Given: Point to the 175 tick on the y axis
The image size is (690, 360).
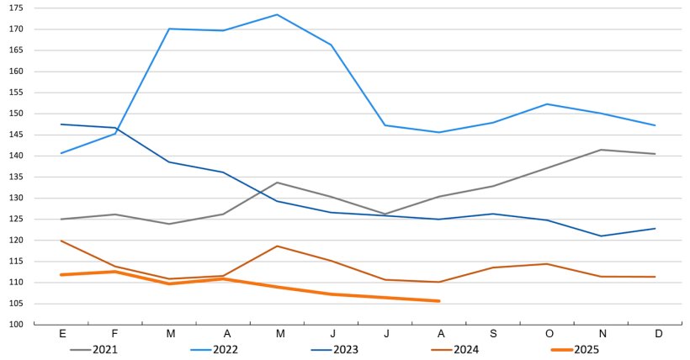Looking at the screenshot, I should tap(17, 8).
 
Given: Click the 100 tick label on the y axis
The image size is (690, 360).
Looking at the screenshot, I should tap(17, 325).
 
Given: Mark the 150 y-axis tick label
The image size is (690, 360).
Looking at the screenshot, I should tap(17, 114).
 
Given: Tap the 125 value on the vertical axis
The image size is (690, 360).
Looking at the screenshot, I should tap(17, 219).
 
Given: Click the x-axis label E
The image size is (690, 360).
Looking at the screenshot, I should tap(62, 334).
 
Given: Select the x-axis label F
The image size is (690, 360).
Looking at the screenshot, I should tap(116, 334).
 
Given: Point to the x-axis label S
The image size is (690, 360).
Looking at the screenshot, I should tap(493, 334).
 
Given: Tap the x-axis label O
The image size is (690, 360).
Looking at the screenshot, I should tap(547, 334).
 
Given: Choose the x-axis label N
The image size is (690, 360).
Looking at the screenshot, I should tap(601, 334).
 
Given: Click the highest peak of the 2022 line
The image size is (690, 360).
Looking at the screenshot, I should tap(278, 14).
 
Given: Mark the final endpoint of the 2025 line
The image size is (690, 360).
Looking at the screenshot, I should tap(439, 301).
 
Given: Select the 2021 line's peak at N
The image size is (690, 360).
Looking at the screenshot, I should tap(601, 150).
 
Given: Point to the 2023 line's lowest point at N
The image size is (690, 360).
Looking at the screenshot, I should tap(601, 236).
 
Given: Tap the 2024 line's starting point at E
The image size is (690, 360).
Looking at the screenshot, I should tap(62, 241).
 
